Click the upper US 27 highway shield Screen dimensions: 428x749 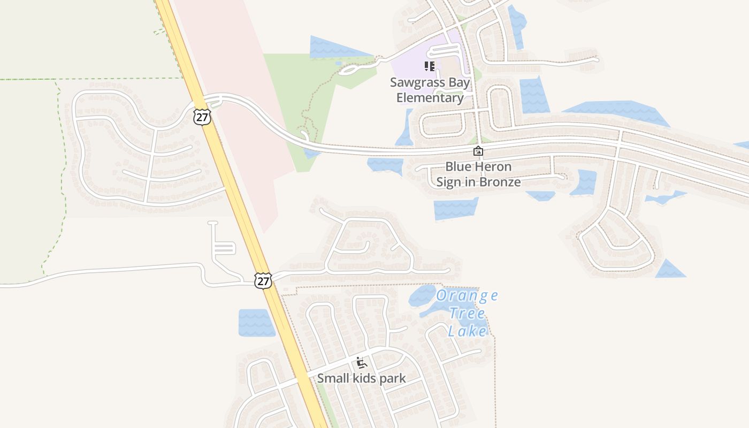click(202, 117)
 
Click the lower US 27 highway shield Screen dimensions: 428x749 click(263, 280)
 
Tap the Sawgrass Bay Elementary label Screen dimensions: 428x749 click(430, 90)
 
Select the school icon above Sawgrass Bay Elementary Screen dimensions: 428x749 click(429, 66)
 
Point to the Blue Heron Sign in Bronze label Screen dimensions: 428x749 click(478, 174)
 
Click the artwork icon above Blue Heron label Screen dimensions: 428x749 click(478, 151)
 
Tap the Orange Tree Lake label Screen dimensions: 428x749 click(467, 313)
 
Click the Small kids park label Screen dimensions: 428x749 click(361, 378)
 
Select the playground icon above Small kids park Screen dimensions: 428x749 click(362, 363)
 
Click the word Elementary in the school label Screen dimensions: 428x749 click(430, 98)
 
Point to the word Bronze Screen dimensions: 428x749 click(500, 182)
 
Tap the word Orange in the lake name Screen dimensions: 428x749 click(467, 295)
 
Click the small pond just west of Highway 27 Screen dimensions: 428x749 click(256, 323)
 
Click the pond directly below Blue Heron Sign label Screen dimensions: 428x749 click(455, 209)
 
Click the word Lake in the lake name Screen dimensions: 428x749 click(467, 331)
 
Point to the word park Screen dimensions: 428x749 click(392, 378)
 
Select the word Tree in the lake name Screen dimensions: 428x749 click(467, 313)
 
